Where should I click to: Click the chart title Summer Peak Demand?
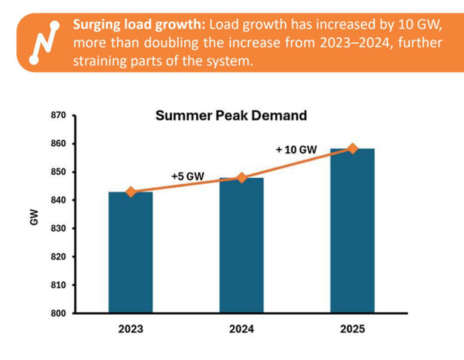point(231,115)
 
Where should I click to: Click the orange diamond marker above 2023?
point(130,192)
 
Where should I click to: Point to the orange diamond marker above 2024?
point(241,178)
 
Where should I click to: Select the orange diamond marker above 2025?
point(352,149)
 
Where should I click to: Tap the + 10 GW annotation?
point(296,149)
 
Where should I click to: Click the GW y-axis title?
point(34,215)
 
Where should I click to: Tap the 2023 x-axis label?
point(130,330)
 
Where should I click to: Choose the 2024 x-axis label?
point(241,330)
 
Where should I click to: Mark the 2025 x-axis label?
point(352,330)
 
